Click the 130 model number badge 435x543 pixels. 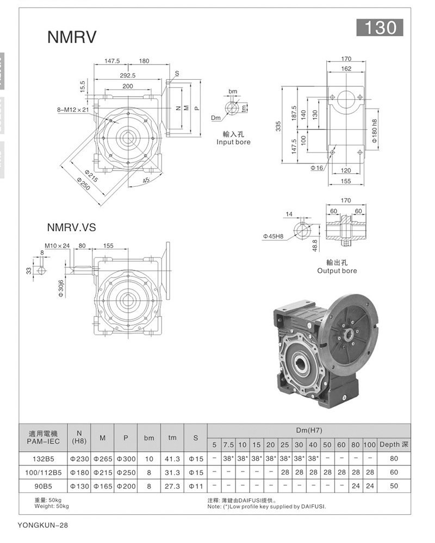pyautogui.click(x=380, y=27)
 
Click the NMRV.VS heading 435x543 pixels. pyautogui.click(x=71, y=227)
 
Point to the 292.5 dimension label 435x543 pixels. pyautogui.click(x=128, y=75)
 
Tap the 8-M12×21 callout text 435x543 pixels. pyautogui.click(x=73, y=110)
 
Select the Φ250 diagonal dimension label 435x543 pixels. pyautogui.click(x=84, y=184)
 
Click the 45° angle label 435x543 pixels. pyautogui.click(x=146, y=180)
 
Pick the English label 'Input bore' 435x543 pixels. pyautogui.click(x=233, y=142)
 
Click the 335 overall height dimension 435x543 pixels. pyautogui.click(x=278, y=126)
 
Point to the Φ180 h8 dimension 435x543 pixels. pyautogui.click(x=374, y=131)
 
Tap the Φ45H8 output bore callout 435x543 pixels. pyautogui.click(x=274, y=237)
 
